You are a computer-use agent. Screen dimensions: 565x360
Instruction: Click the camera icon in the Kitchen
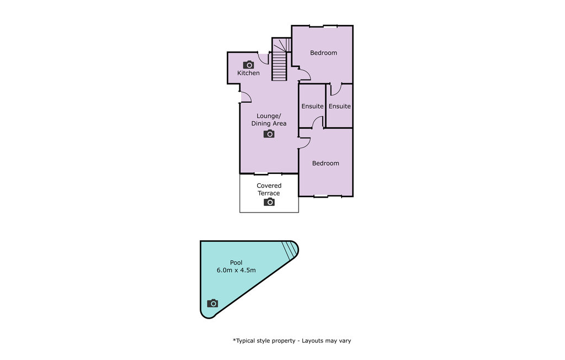(248, 65)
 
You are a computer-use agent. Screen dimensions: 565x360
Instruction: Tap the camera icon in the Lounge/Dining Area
(269, 134)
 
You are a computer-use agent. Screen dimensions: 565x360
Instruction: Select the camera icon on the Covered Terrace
(269, 202)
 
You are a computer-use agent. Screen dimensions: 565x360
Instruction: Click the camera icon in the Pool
(212, 303)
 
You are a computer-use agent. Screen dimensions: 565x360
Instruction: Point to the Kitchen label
(248, 73)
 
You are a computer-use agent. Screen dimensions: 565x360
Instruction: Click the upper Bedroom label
(323, 52)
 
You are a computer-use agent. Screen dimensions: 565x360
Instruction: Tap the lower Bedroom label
(326, 163)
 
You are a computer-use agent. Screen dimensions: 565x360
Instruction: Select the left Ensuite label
(312, 106)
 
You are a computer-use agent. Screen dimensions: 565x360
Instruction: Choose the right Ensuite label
(339, 106)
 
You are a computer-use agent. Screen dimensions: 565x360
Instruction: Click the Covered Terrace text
(269, 189)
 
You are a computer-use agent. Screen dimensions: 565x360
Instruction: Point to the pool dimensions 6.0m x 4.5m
(236, 270)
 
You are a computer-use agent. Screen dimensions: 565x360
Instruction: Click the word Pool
(236, 263)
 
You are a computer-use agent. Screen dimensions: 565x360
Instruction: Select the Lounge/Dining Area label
(269, 119)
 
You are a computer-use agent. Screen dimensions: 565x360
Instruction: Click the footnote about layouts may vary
(292, 341)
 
